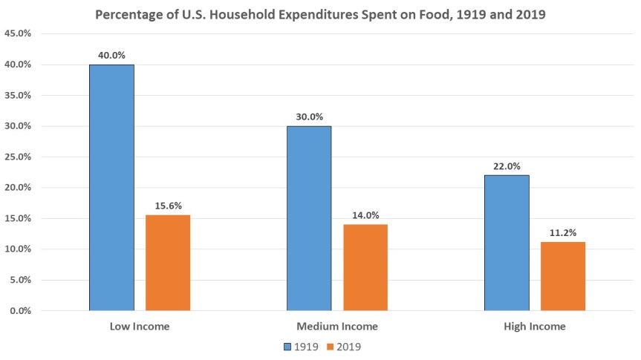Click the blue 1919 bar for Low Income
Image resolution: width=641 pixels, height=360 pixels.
(x=111, y=187)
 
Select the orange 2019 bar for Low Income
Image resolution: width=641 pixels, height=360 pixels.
(x=168, y=263)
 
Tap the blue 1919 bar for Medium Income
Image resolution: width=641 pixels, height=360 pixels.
(x=309, y=218)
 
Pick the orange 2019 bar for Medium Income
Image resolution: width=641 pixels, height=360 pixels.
(x=365, y=267)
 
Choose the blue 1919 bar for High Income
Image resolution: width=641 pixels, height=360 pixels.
(x=507, y=243)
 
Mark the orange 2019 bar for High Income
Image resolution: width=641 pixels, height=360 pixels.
(x=563, y=276)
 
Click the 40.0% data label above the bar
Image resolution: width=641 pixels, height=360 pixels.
(x=111, y=55)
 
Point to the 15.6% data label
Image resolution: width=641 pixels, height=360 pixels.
(x=168, y=205)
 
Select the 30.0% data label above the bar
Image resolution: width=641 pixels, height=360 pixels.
(x=309, y=117)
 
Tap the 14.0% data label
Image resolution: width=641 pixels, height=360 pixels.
(x=365, y=215)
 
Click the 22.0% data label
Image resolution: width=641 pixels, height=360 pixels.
(x=507, y=166)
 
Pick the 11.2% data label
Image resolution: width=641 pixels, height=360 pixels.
(x=563, y=232)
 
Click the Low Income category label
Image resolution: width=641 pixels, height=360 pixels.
(x=140, y=327)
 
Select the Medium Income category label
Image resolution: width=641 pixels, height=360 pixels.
(x=337, y=327)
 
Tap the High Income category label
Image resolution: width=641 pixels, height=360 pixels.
(x=535, y=327)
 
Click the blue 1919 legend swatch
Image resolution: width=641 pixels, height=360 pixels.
(x=288, y=346)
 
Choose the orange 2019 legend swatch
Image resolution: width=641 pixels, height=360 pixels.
(x=331, y=346)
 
